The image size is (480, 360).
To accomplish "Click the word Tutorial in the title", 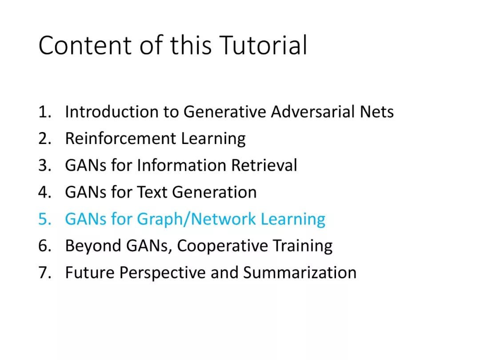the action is (263, 45).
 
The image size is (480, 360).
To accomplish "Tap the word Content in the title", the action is (85, 45).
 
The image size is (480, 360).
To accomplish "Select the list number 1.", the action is (45, 112).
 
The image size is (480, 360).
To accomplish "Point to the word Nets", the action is (377, 112).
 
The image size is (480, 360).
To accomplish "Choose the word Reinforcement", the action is (120, 138).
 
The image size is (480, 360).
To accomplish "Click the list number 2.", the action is (45, 139).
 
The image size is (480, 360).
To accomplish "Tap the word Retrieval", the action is (264, 165).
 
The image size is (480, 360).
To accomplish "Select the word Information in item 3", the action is (182, 165).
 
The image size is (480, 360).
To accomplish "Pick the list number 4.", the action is (45, 192).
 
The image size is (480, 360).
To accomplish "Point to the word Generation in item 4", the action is (214, 192).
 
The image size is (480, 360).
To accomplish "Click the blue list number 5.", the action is (45, 219).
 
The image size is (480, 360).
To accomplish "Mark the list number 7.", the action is (45, 273).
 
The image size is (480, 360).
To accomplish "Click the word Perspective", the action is (162, 273).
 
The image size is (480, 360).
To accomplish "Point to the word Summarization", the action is (300, 272).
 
